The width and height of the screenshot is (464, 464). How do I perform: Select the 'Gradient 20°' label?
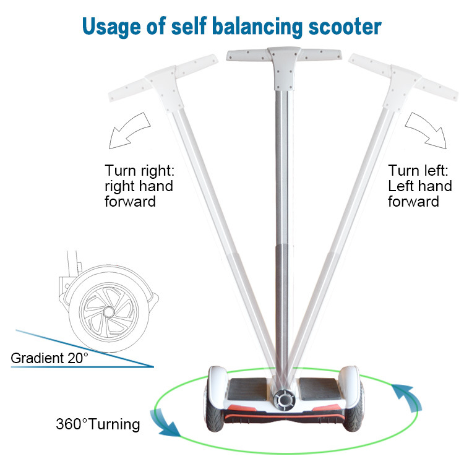click(49, 358)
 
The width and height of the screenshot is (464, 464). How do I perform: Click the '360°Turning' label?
click(98, 424)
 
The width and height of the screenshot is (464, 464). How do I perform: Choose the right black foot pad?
click(317, 390)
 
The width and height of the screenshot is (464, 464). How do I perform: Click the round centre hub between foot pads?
click(284, 400)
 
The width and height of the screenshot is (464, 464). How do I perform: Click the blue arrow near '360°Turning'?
click(166, 425)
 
